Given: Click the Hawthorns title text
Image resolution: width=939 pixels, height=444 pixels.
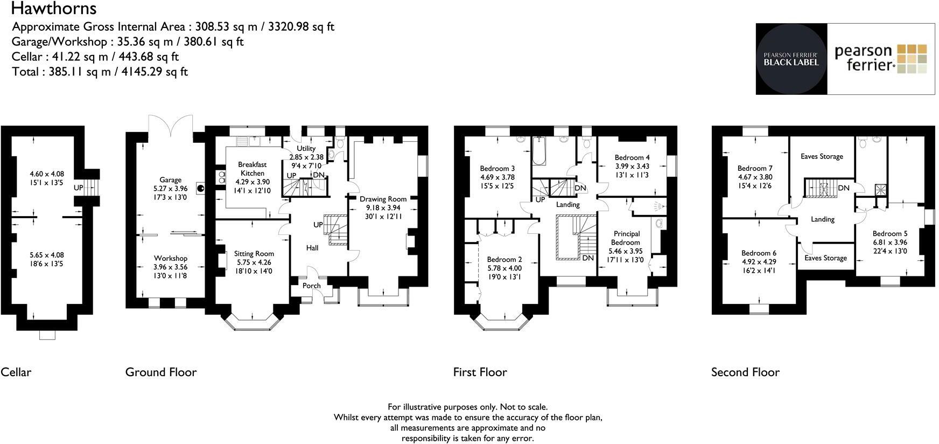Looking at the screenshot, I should coord(53,9).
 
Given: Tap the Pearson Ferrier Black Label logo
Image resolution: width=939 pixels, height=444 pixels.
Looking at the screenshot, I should coord(791,59).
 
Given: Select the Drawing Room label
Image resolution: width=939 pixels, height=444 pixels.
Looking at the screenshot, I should coord(383,199).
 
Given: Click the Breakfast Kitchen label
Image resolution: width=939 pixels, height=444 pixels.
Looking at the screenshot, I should coord(253,169).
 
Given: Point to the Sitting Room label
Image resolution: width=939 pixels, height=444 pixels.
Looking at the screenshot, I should coord(254,254).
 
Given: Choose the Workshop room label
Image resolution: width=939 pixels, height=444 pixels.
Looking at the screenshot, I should coord(170,258).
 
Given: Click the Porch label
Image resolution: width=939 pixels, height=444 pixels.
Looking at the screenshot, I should coord(311,286).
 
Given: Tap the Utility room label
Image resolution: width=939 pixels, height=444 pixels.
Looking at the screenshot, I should coord(306,149).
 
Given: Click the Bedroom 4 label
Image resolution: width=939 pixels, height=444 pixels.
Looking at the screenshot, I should coord(632,158).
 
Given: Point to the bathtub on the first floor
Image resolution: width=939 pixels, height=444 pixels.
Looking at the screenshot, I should coord(538,151).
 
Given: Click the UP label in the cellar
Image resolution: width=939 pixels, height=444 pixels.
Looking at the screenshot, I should coord(78,188).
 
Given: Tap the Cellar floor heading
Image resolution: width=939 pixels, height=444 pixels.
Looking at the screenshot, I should coord(16,372).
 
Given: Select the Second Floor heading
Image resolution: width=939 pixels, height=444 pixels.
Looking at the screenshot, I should coord(745,372).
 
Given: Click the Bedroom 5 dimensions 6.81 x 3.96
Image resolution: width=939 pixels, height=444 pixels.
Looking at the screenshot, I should coord(889,242).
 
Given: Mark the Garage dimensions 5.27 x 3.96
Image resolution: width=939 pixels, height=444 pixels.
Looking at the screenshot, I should coord(170,189).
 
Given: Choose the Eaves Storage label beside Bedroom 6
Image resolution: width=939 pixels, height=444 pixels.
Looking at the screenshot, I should coord(825,258).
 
